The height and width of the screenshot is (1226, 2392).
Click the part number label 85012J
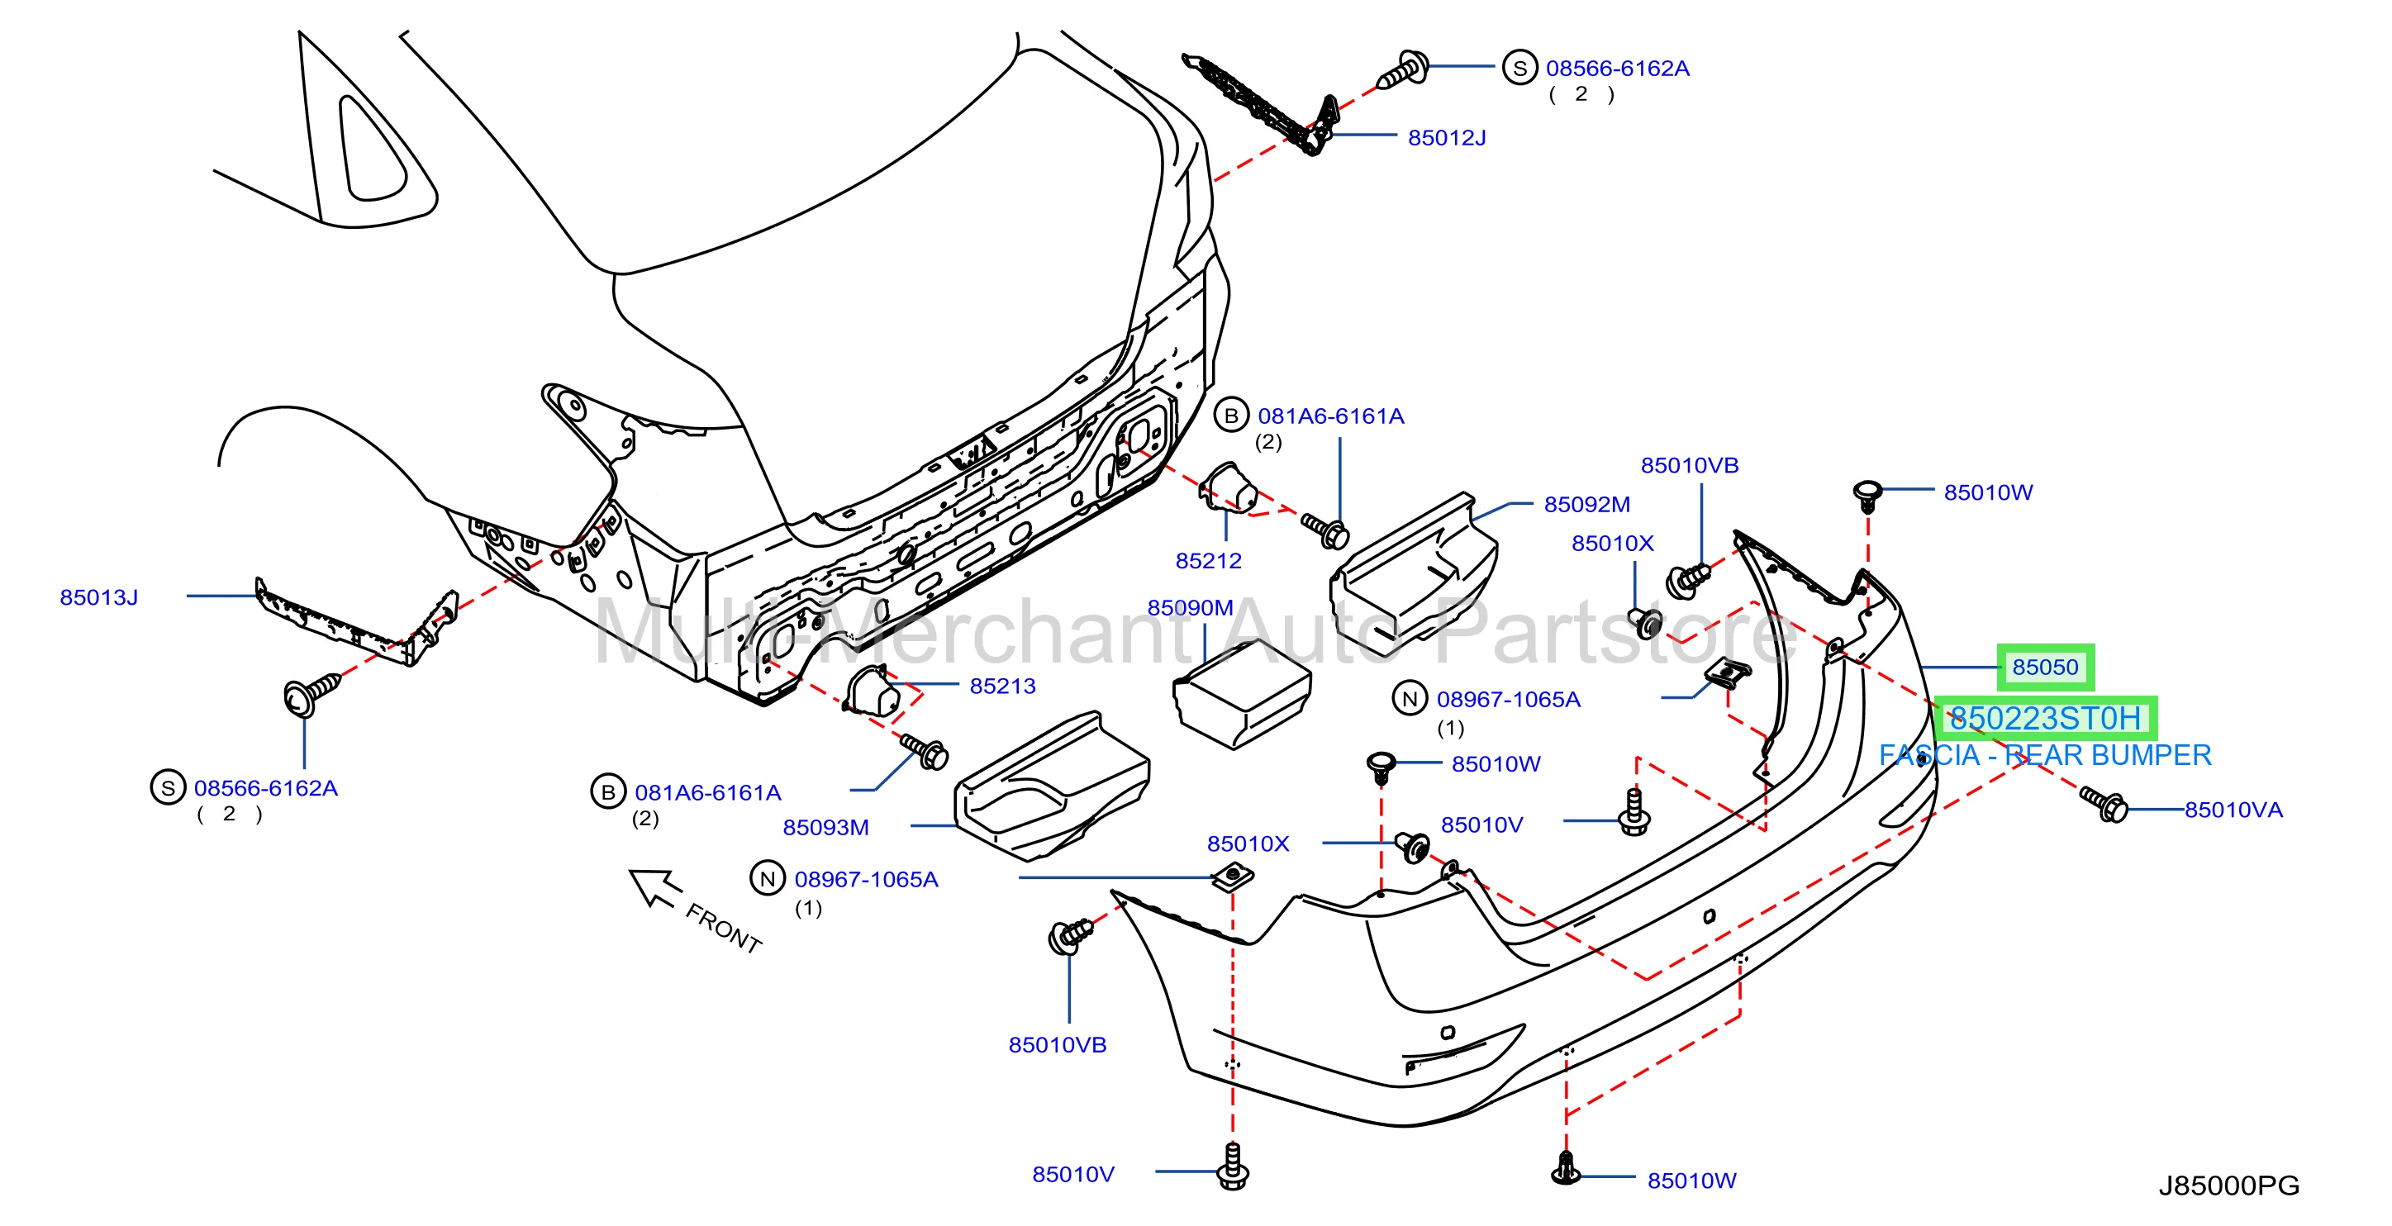coord(1446,137)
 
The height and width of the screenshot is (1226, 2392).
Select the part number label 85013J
coord(98,597)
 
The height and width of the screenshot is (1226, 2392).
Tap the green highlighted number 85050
coord(2045,667)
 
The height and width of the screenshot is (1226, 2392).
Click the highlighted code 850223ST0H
coord(2044,718)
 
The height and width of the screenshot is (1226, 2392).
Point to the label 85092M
coord(1587,504)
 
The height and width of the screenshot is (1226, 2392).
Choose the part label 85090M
coord(1191,607)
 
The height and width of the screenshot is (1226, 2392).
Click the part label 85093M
coord(825,827)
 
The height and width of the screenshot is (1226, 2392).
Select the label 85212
coord(1208,560)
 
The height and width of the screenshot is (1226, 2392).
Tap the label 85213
coord(1002,686)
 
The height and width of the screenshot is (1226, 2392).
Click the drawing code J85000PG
coord(2228,1186)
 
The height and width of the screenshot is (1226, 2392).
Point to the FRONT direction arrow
coord(655,888)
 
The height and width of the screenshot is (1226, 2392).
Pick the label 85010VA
coord(2233,810)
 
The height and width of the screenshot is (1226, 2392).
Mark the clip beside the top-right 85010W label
coord(1867,495)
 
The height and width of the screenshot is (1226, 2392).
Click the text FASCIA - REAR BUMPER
coord(2045,755)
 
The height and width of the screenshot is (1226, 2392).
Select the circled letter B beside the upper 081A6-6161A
coord(1231,416)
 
